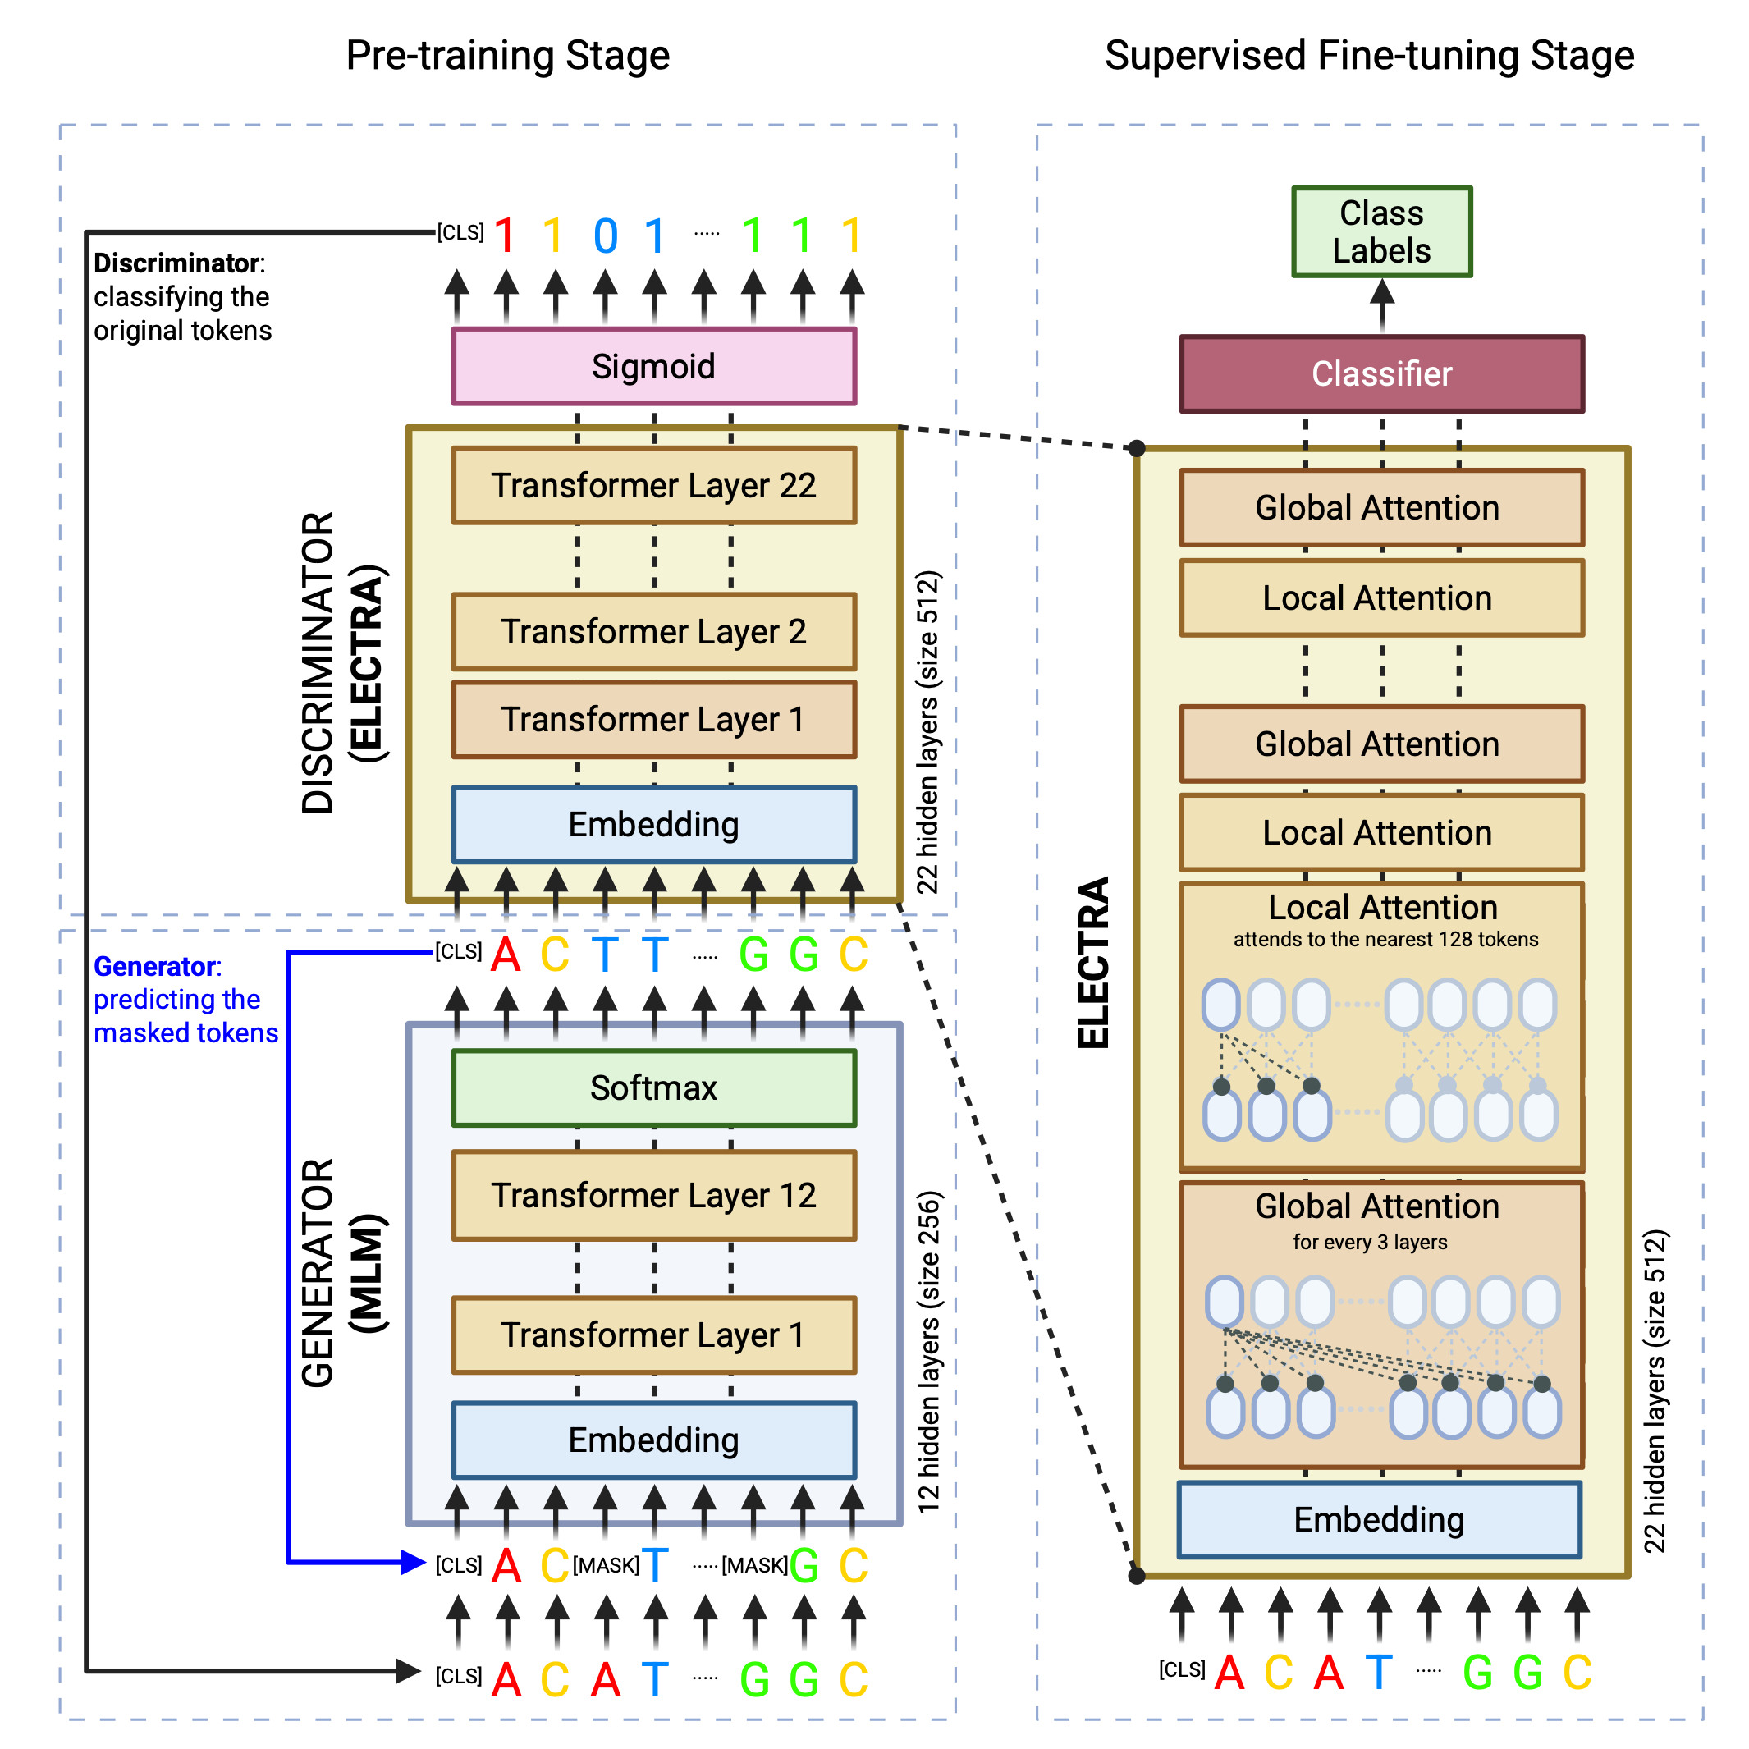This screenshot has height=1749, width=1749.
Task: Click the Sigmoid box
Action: (x=653, y=366)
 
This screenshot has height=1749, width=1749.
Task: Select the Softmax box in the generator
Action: (x=653, y=1087)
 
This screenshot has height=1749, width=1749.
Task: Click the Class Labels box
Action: (x=1381, y=231)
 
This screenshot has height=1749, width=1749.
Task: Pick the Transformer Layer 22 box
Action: (x=653, y=485)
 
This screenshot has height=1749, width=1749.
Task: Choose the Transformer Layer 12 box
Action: (x=653, y=1195)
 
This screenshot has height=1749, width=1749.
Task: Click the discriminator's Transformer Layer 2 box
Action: (x=653, y=631)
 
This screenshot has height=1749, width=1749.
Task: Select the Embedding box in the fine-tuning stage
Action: (x=1379, y=1520)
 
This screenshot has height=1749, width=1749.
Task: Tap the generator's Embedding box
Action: (x=653, y=1440)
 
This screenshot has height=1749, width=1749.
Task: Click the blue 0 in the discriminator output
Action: (x=606, y=236)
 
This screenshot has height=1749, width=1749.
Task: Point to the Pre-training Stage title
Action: (x=508, y=55)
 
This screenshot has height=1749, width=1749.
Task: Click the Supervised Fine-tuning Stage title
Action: (x=1370, y=55)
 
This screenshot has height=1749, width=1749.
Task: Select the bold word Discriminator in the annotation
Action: (x=177, y=263)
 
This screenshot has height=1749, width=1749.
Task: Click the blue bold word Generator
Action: (x=156, y=966)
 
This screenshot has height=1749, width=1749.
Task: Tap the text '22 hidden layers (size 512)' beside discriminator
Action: (x=929, y=731)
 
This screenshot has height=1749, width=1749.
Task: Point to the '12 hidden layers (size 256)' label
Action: (x=929, y=1352)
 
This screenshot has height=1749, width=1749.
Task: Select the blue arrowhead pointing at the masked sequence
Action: (x=413, y=1562)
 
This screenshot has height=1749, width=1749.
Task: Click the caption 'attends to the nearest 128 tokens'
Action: (x=1385, y=939)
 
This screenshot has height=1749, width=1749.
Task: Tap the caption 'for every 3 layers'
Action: (x=1370, y=1242)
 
